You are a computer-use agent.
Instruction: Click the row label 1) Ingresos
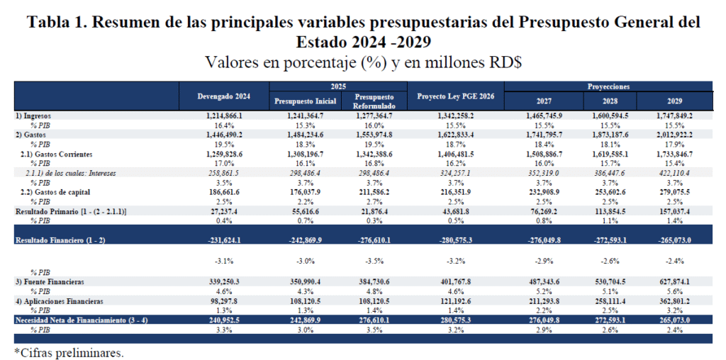[33, 115]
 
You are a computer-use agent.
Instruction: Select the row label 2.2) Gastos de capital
[61, 191]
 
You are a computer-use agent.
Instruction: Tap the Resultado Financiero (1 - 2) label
[60, 241]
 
